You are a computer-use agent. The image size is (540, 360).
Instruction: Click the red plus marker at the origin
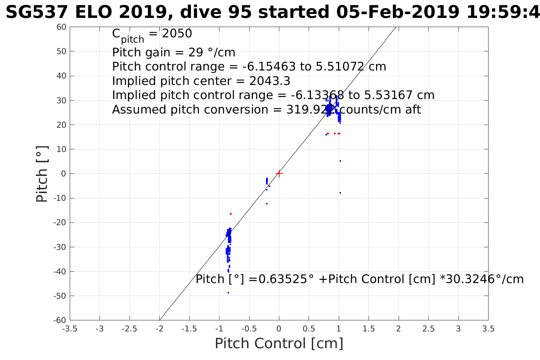pos(279,174)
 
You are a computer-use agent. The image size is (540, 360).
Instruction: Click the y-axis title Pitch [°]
pos(42,174)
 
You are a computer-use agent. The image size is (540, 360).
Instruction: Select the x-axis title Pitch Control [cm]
pos(279,343)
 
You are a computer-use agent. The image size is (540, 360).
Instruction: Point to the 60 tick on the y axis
pos(70,27)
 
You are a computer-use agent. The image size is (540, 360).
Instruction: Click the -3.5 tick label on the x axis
pos(70,329)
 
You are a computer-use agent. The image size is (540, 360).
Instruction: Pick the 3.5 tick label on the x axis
pos(488,329)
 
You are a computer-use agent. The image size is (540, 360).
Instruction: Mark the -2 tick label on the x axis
pos(159,329)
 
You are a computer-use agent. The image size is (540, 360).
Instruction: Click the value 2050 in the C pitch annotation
pos(177,34)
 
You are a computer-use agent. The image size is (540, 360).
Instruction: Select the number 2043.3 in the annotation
pos(270,81)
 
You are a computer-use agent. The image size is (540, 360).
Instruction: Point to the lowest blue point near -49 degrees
pos(228,293)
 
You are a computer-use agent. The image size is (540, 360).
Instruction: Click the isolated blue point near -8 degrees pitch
pos(340,193)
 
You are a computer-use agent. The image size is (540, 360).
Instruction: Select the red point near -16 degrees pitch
pos(231,214)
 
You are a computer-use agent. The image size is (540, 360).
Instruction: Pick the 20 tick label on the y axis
pos(61,125)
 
